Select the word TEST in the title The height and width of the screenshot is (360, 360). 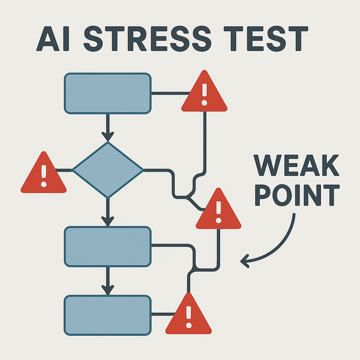[264, 40]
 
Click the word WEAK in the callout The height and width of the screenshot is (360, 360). [296, 166]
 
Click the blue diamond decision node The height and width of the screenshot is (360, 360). [108, 170]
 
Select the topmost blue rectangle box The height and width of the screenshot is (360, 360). [107, 94]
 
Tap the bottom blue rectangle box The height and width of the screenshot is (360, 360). [107, 314]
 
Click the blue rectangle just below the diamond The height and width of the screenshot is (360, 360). [107, 245]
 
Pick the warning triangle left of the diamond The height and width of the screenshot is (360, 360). [43, 175]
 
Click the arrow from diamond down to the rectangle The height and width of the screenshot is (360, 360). [108, 211]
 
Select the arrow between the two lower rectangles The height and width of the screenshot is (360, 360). [108, 281]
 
